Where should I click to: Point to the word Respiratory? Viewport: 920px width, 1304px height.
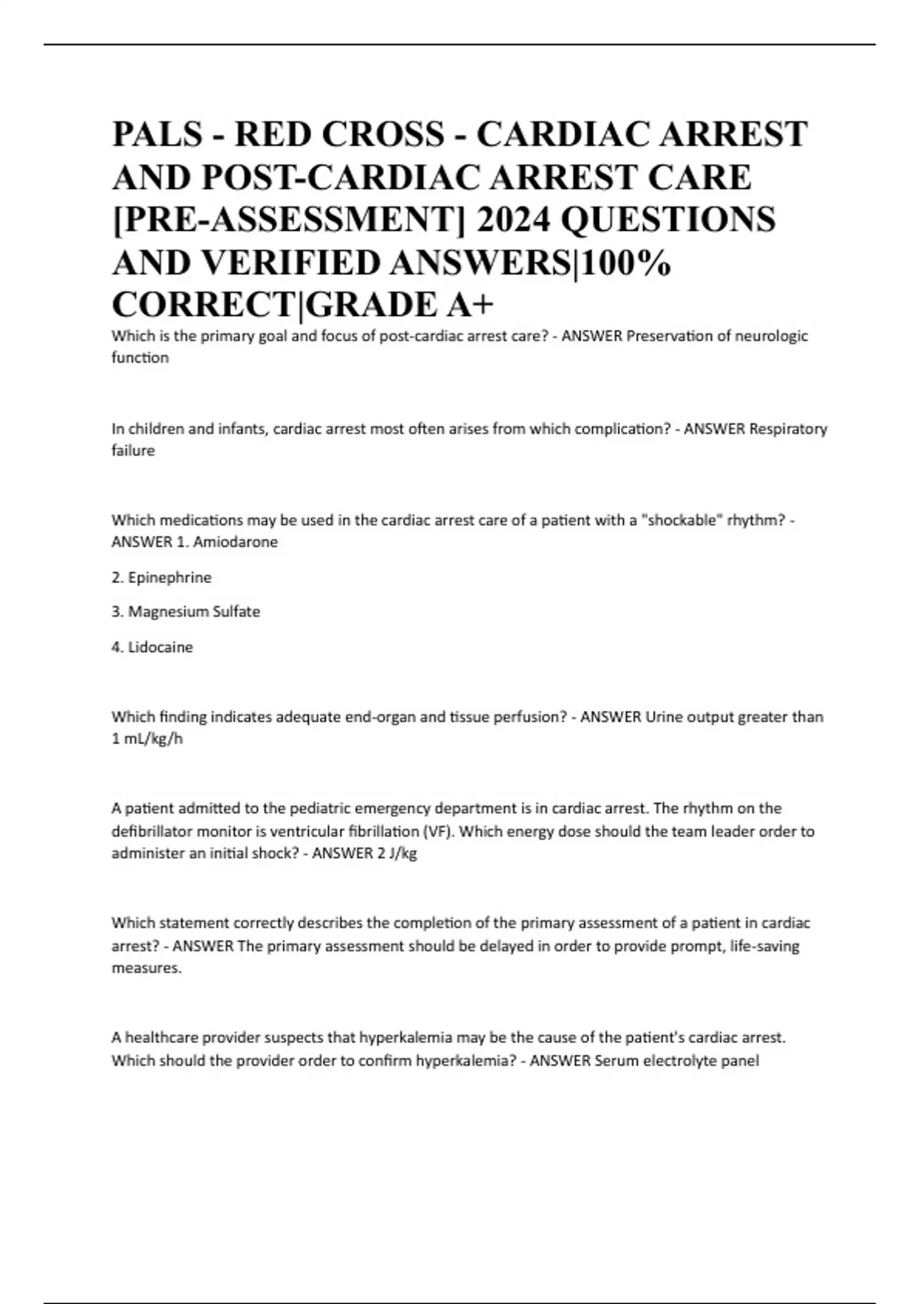(x=787, y=429)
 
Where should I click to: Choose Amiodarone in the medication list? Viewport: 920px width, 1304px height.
(x=235, y=542)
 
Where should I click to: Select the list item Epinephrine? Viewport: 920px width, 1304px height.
(x=169, y=578)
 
